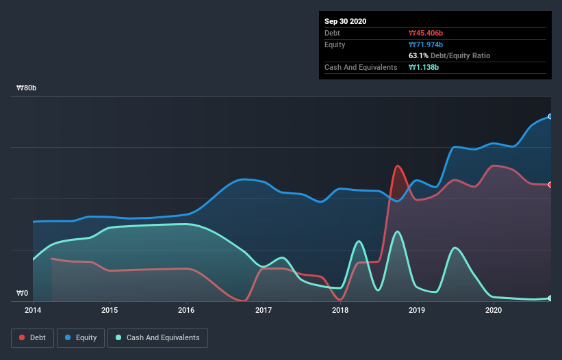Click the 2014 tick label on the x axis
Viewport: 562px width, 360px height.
pyautogui.click(x=33, y=310)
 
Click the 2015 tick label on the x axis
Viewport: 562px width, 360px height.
pyautogui.click(x=110, y=310)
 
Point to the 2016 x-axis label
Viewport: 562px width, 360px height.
pyautogui.click(x=186, y=310)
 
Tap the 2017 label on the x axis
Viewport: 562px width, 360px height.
pyautogui.click(x=264, y=310)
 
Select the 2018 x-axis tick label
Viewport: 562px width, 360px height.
pyautogui.click(x=340, y=310)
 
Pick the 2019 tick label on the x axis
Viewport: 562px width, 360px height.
pyautogui.click(x=417, y=310)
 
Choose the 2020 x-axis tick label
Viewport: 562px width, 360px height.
pyautogui.click(x=494, y=310)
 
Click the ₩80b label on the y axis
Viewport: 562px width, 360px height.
pyautogui.click(x=27, y=88)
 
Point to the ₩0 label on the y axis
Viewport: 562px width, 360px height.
pyautogui.click(x=23, y=294)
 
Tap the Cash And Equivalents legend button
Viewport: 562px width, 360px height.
pyautogui.click(x=157, y=337)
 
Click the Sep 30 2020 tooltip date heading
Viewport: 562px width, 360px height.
pyautogui.click(x=346, y=21)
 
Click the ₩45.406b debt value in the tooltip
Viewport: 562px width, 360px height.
pyautogui.click(x=426, y=33)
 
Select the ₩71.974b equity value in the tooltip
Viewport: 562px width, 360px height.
pyautogui.click(x=426, y=44)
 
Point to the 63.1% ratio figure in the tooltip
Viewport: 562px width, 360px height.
pyautogui.click(x=418, y=55)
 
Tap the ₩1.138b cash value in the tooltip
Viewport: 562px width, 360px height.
pyautogui.click(x=424, y=67)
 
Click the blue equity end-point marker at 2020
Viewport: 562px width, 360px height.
pyautogui.click(x=550, y=116)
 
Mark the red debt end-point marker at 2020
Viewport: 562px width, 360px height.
pyautogui.click(x=550, y=184)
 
